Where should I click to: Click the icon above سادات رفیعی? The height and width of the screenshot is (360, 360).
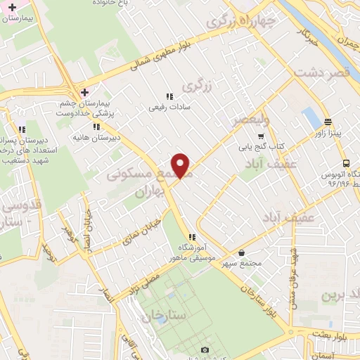pyautogui.click(x=169, y=97)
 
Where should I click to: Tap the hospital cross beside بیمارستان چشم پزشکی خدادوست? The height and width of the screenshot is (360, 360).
pyautogui.click(x=84, y=93)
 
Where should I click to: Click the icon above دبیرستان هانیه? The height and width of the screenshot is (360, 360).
pyautogui.click(x=96, y=127)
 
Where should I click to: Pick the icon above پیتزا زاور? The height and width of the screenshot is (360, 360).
pyautogui.click(x=328, y=121)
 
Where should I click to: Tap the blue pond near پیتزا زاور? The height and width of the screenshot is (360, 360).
pyautogui.click(x=310, y=117)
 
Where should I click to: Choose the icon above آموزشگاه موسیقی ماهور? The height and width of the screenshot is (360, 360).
pyautogui.click(x=191, y=236)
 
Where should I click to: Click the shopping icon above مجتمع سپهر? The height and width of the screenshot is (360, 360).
pyautogui.click(x=242, y=252)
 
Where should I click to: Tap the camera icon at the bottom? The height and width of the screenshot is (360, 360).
pyautogui.click(x=205, y=349)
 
